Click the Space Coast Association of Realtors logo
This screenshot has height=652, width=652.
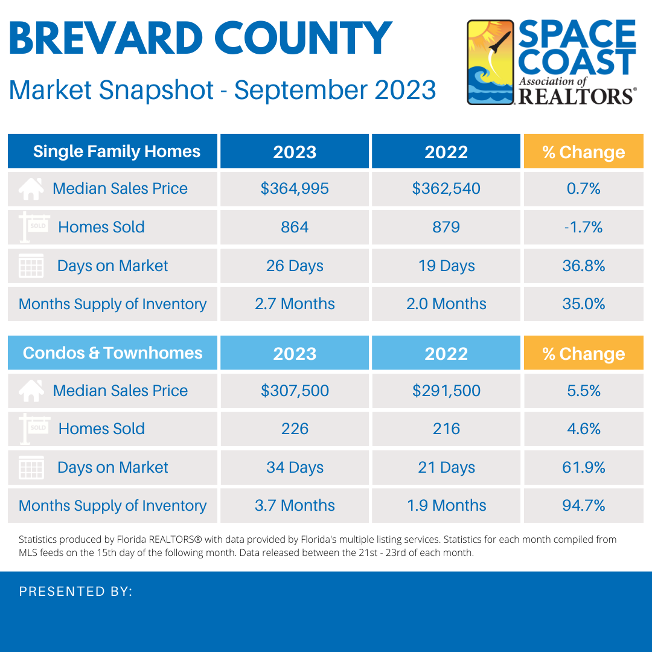(552, 62)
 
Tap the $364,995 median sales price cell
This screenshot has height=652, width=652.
(295, 188)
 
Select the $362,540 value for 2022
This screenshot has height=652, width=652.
(446, 188)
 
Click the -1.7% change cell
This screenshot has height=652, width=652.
(583, 227)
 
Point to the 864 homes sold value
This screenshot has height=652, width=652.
(295, 227)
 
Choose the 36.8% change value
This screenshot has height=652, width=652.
(583, 266)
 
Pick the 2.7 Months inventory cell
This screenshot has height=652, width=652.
(295, 304)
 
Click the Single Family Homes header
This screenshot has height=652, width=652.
(117, 151)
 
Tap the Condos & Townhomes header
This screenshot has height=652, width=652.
(113, 353)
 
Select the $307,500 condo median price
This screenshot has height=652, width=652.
(295, 391)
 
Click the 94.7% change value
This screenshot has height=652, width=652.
(583, 505)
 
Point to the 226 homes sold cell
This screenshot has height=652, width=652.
(295, 429)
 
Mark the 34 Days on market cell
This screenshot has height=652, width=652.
(295, 467)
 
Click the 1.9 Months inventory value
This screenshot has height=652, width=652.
(446, 505)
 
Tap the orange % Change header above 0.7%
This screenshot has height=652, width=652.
(583, 152)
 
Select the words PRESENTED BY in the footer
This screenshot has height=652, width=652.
(75, 592)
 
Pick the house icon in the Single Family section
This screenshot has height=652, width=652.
(31, 189)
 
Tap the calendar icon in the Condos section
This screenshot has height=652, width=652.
(31, 468)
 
